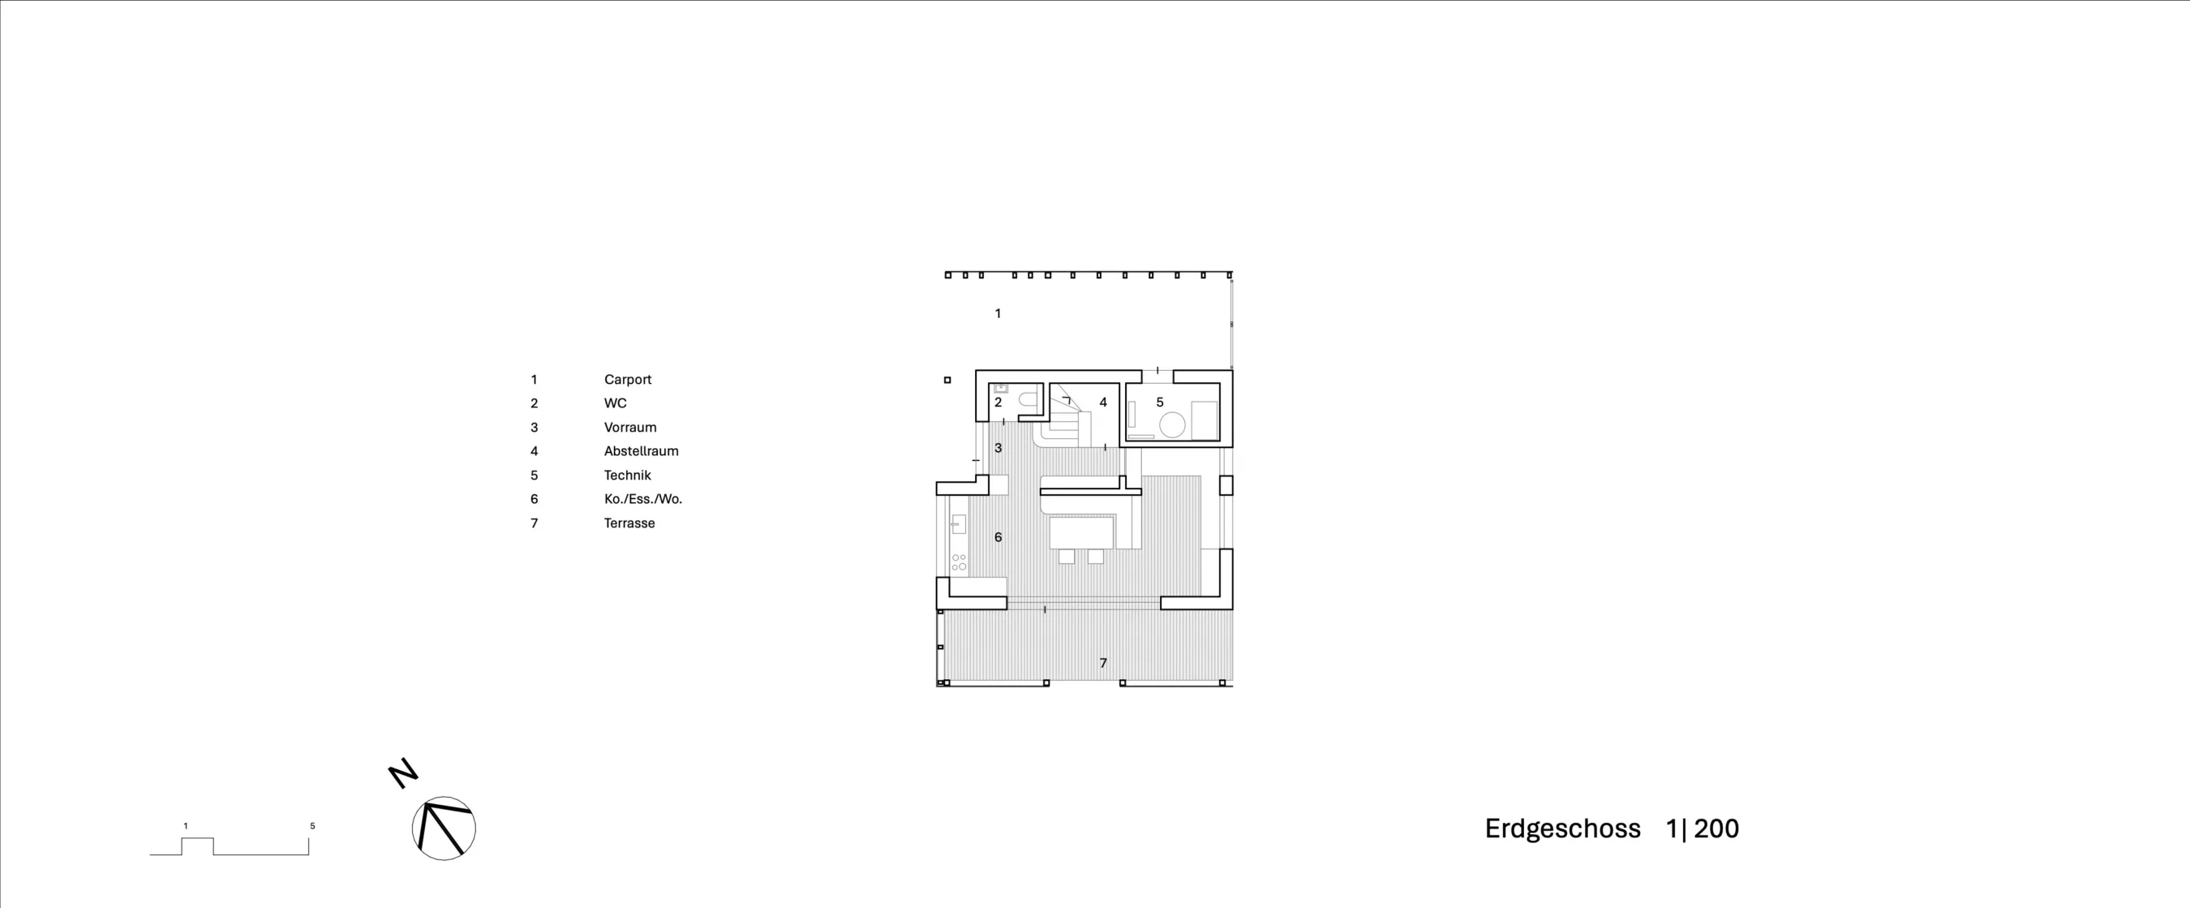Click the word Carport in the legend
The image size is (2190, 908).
coord(628,380)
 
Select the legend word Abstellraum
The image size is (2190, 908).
coord(641,451)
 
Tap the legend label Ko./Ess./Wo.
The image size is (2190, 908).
coord(642,499)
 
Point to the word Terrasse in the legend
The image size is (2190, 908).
coord(629,523)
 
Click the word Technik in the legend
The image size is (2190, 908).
coord(628,476)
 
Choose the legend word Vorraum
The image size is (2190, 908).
coord(630,428)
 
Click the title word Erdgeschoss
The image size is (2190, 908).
coord(1562,830)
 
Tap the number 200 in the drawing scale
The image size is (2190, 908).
coord(1716,829)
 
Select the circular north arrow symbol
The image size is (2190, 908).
coord(444,828)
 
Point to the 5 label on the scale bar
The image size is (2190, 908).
coord(312,826)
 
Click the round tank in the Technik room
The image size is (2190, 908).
coord(1172,424)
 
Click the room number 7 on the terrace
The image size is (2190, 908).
coord(1103,663)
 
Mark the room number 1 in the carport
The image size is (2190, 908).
coord(998,314)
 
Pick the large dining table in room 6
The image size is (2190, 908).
coord(1081,533)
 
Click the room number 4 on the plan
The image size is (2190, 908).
coord(1103,402)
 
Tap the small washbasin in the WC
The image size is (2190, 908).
coord(1001,389)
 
